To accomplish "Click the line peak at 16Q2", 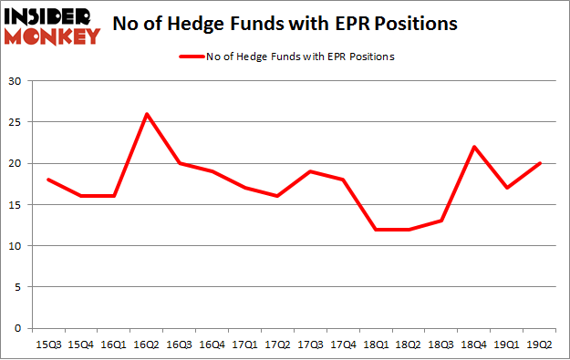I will point(146,114).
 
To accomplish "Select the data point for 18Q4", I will point(474,147).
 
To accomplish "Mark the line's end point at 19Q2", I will point(540,163).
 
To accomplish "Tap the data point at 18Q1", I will point(376,229).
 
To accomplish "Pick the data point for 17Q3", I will point(310,171).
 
